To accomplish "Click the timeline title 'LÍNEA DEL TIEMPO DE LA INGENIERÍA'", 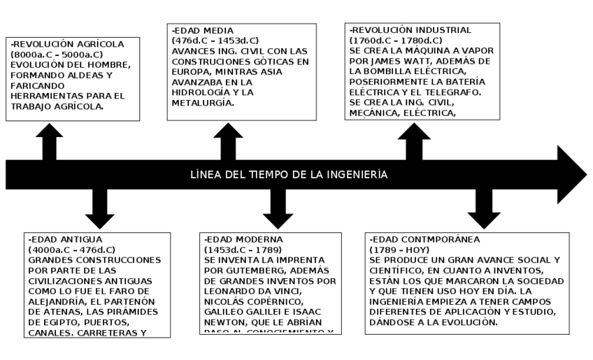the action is click(289, 175).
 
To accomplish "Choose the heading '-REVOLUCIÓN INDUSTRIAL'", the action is click(410, 30).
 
